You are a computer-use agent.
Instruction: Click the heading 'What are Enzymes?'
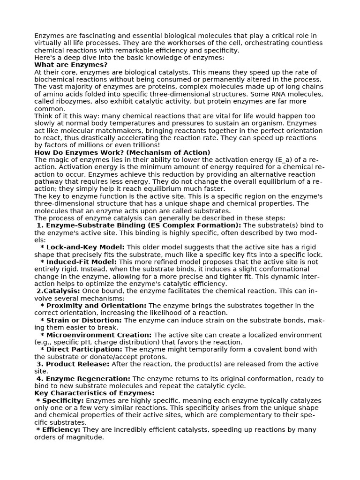point(71,65)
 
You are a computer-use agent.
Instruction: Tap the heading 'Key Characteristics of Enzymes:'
point(94,393)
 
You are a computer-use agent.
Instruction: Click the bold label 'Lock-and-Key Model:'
point(85,247)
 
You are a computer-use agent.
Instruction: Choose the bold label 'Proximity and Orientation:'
point(96,306)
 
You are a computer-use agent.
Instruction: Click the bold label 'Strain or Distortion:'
point(84,320)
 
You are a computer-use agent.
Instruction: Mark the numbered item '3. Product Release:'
point(73,364)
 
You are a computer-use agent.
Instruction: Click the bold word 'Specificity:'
point(63,401)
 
